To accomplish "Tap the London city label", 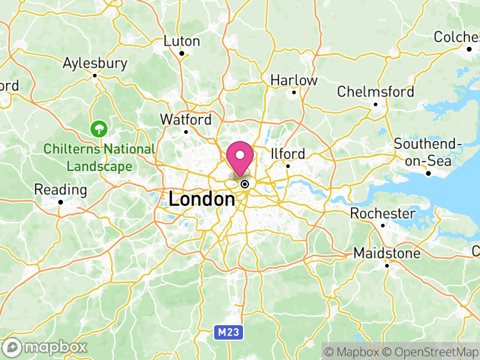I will (x=202, y=199).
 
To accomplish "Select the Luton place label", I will (x=182, y=41).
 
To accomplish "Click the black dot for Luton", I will (x=182, y=53).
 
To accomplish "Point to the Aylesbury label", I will (x=95, y=64).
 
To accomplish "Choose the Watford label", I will (x=185, y=119).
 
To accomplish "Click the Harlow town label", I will (x=294, y=80).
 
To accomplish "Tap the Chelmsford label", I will (x=376, y=92).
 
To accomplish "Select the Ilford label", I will (x=288, y=154).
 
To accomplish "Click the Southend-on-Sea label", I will (x=428, y=152).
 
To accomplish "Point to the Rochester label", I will (x=383, y=214).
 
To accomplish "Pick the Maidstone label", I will (x=386, y=253).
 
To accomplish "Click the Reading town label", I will (x=61, y=190).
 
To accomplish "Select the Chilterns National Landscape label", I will (x=99, y=157).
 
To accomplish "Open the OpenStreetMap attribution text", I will (x=431, y=351).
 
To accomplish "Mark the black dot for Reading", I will (x=61, y=202).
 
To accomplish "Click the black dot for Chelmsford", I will (x=376, y=104).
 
